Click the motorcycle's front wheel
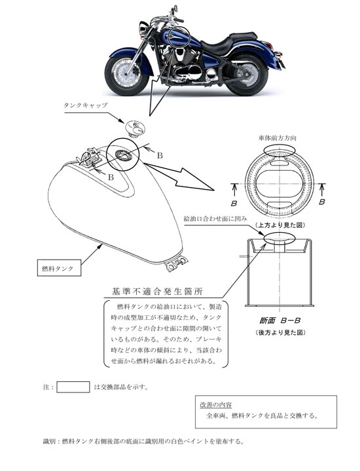click(125, 73)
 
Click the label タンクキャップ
click(85, 105)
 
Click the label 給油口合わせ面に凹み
click(215, 217)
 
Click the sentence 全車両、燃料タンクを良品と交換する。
click(263, 416)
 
